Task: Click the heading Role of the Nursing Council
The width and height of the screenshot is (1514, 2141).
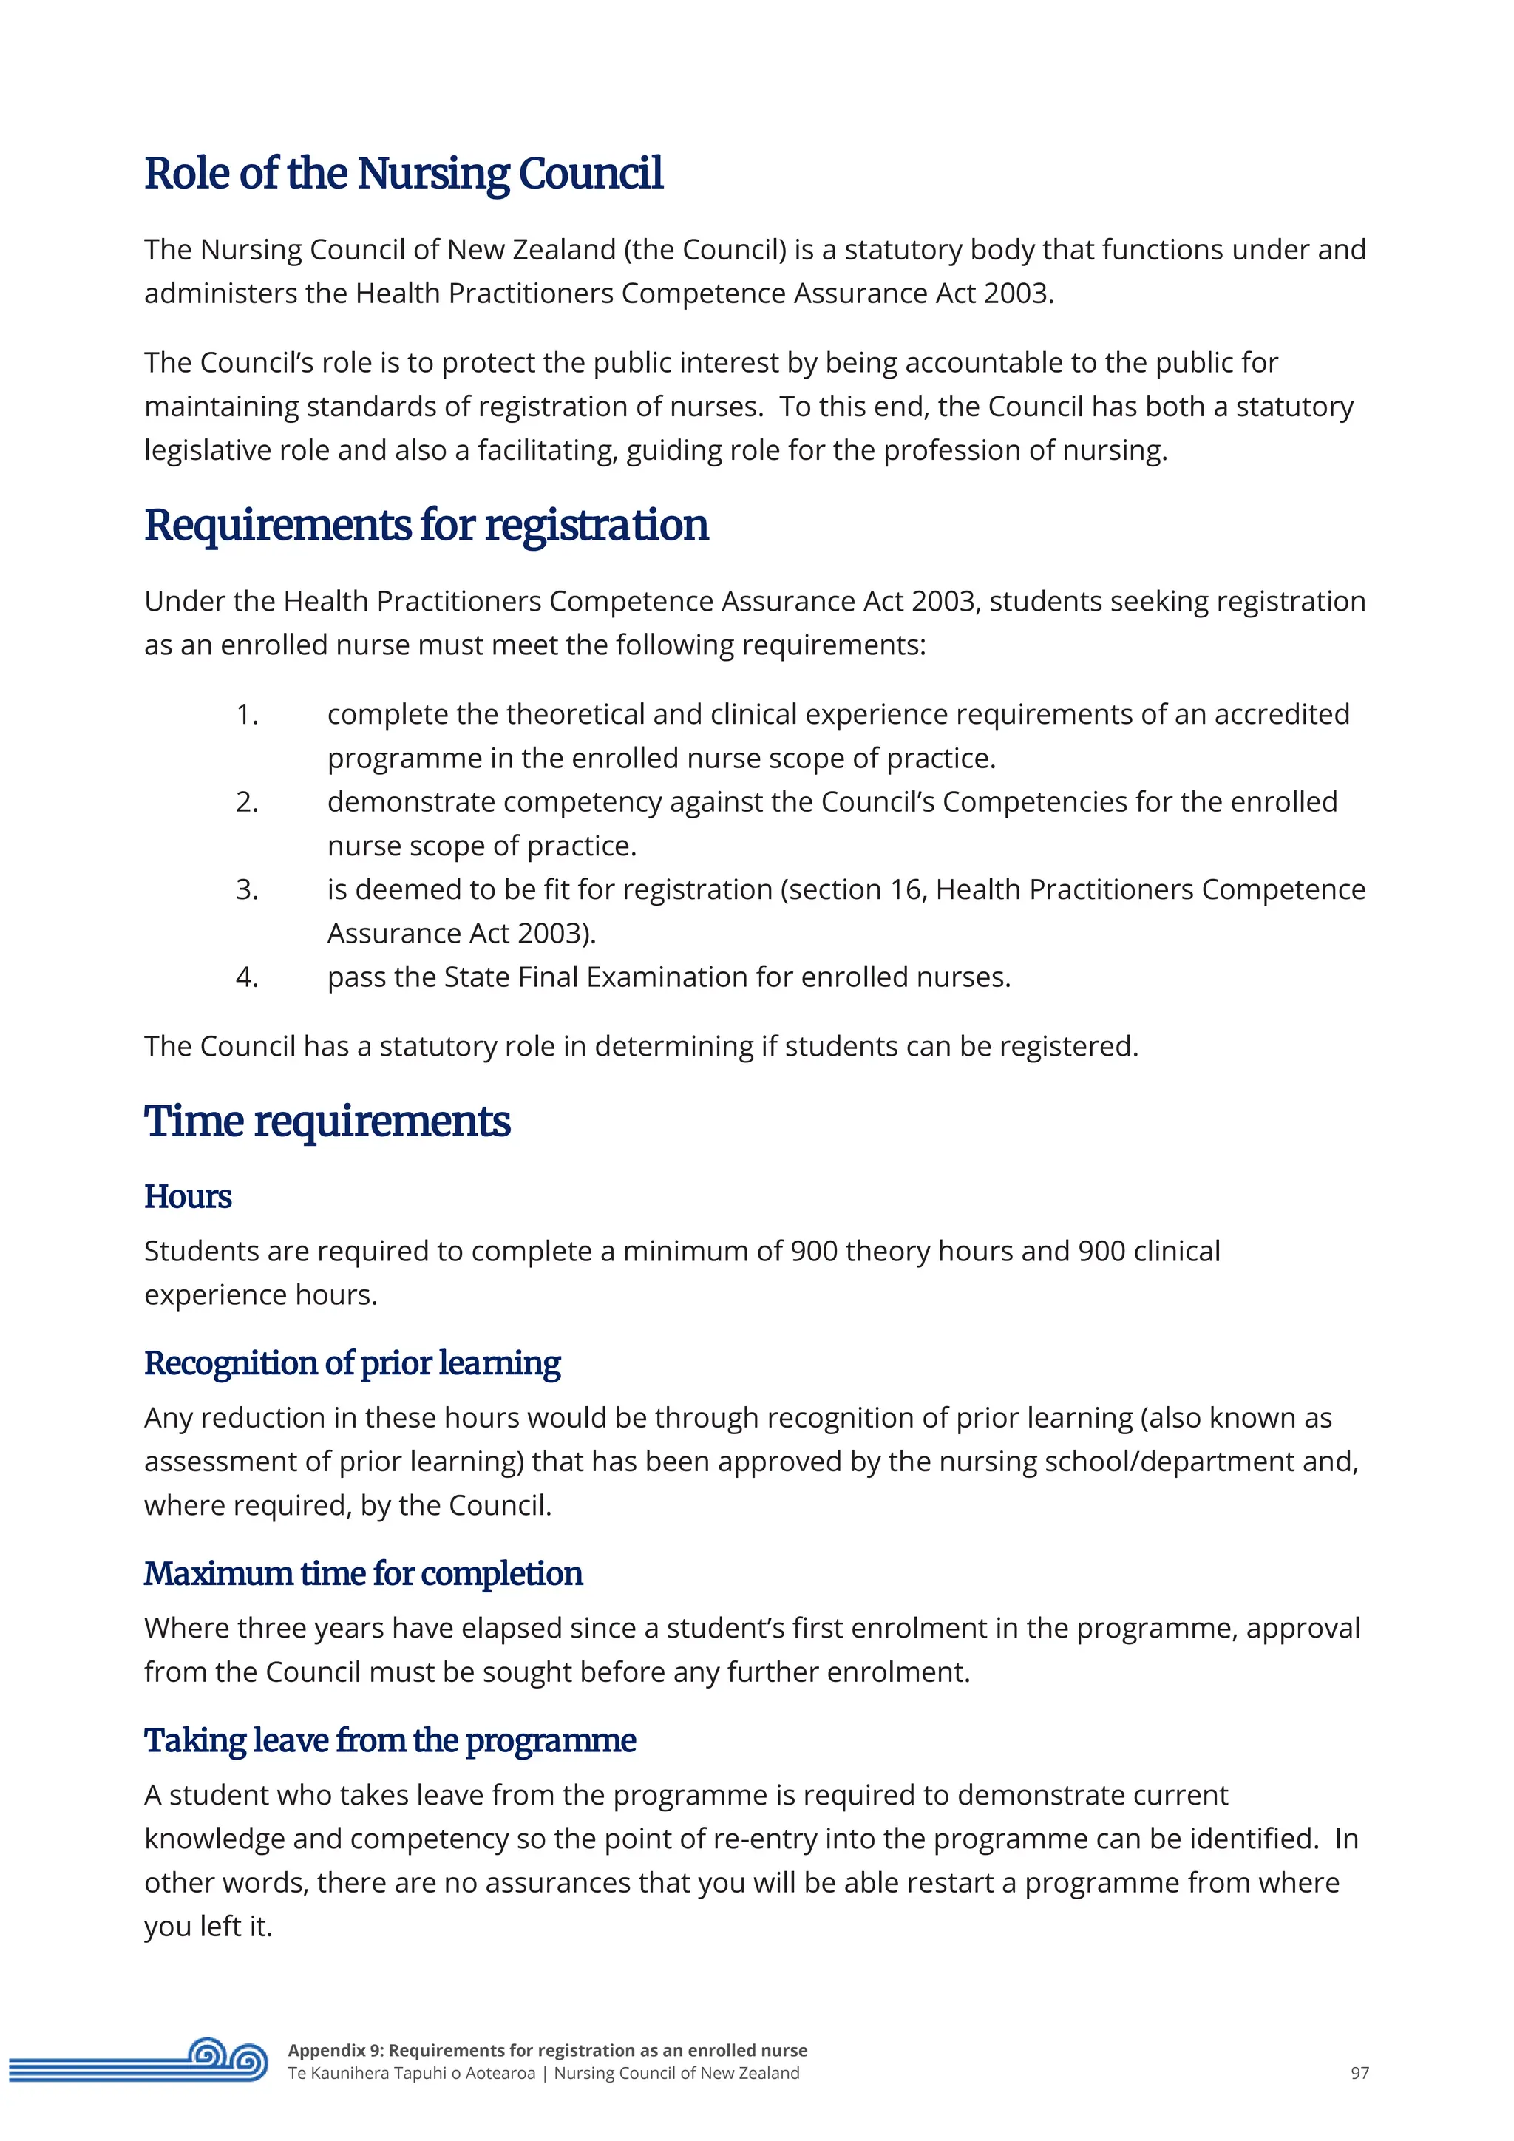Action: point(403,174)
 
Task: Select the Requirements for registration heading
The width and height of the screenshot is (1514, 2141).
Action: point(425,525)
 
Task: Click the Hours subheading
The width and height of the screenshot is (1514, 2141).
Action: point(187,1196)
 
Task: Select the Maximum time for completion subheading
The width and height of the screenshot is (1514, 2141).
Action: point(363,1574)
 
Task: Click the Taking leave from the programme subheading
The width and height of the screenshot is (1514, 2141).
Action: point(390,1741)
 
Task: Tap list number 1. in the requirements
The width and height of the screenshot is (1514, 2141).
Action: point(246,714)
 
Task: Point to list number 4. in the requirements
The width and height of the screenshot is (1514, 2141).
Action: point(246,977)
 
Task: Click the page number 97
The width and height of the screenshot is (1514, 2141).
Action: point(1359,2073)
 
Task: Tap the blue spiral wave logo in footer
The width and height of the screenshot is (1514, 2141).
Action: point(228,2059)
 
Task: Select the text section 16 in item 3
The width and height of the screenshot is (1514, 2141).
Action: point(856,889)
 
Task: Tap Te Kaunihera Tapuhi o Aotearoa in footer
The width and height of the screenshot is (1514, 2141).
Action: point(411,2073)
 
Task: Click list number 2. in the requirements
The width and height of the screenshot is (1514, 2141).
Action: point(246,802)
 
